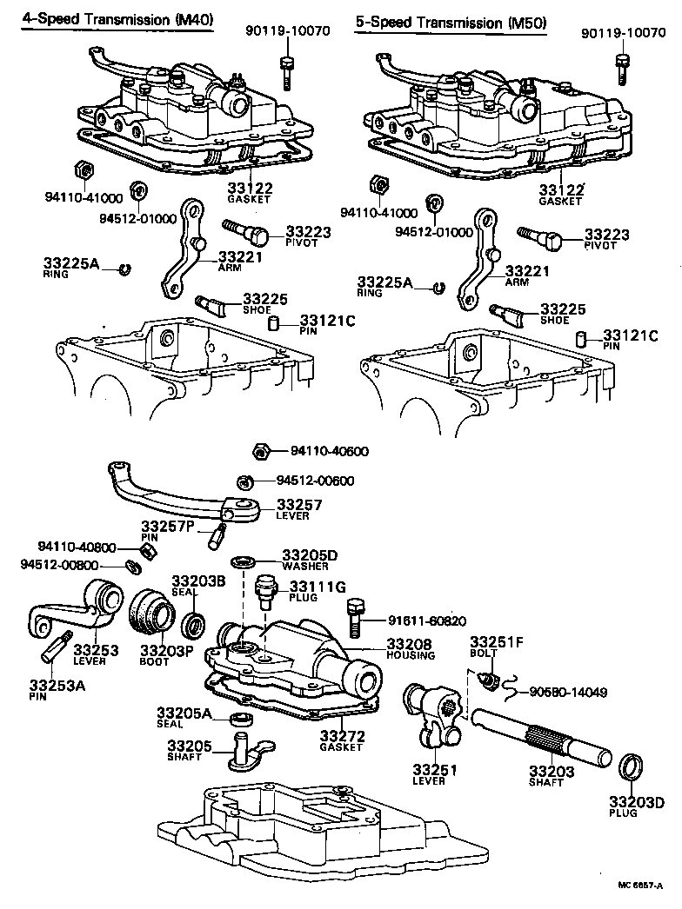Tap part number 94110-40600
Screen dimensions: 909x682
point(330,451)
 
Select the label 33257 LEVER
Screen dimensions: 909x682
point(299,509)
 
